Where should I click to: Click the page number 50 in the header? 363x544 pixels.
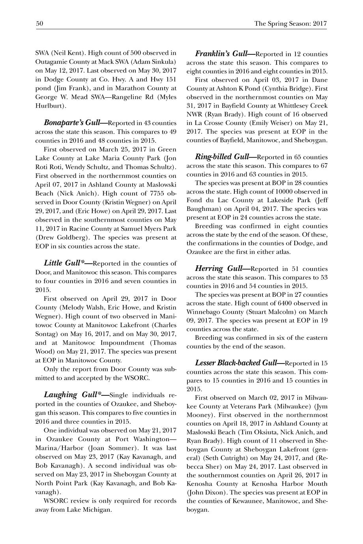click(39, 24)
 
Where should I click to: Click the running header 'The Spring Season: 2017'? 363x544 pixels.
click(291, 24)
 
